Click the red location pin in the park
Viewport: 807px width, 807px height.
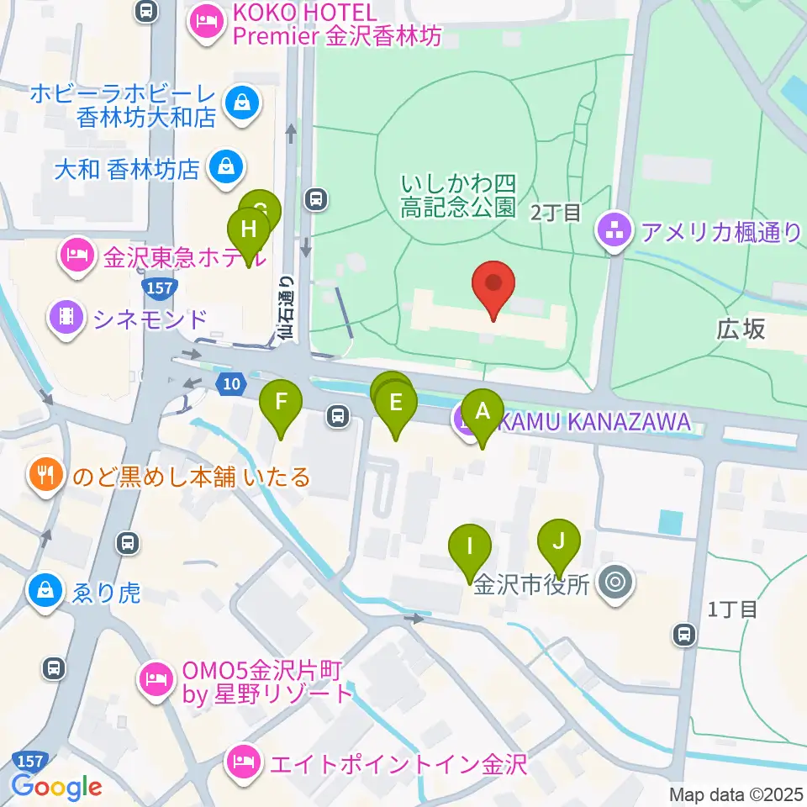[x=493, y=286]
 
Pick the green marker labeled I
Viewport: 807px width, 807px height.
[x=470, y=550]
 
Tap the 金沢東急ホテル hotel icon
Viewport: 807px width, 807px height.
[x=78, y=255]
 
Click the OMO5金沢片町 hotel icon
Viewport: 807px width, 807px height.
[x=156, y=677]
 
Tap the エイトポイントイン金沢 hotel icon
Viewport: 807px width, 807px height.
[x=243, y=764]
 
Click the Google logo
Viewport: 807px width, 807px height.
[x=56, y=786]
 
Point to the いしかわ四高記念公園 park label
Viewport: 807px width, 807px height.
[x=457, y=196]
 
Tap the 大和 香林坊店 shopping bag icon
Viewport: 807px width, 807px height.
[x=226, y=166]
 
